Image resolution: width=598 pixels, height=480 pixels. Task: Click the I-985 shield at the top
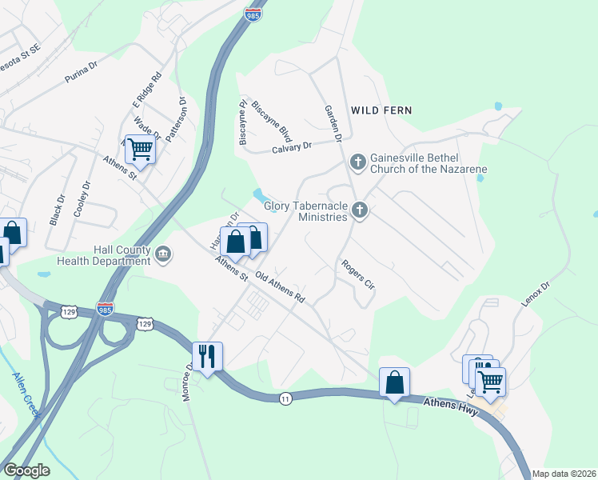pos(252,14)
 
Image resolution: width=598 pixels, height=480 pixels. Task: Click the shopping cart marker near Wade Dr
pos(140,149)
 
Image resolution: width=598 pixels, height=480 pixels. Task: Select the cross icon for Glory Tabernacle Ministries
pos(360,211)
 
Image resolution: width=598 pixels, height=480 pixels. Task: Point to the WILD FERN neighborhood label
pos(381,110)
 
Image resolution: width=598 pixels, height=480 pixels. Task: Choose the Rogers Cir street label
pos(357,274)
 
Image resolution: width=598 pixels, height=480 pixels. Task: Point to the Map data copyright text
pos(563,474)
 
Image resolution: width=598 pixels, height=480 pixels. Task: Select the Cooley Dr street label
pos(82,195)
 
